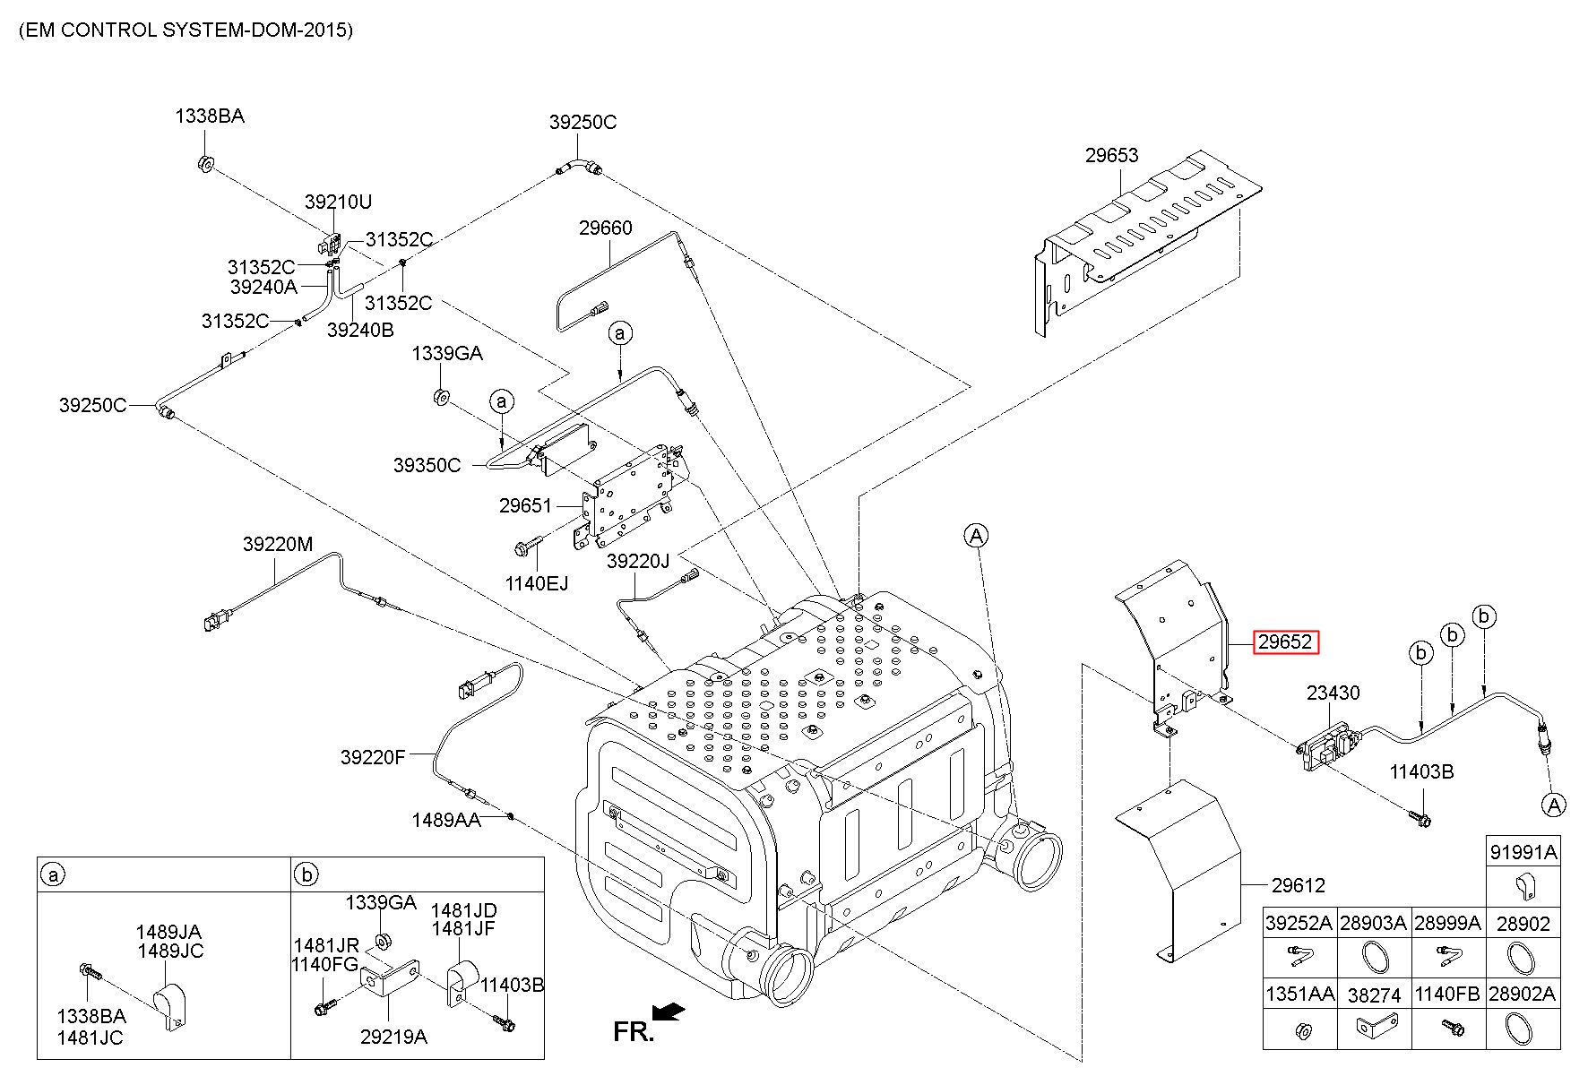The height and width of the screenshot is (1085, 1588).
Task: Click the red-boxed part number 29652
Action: [x=1285, y=642]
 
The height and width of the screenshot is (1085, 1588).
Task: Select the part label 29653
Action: [x=1111, y=155]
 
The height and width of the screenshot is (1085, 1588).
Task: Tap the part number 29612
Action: [x=1298, y=885]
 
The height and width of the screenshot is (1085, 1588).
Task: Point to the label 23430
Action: [x=1333, y=693]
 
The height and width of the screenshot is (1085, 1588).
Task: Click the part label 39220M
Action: [x=278, y=544]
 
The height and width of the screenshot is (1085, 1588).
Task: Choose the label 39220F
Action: [x=373, y=757]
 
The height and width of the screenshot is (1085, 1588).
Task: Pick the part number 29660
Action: [x=605, y=228]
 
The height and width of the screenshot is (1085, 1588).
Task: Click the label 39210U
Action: [x=338, y=202]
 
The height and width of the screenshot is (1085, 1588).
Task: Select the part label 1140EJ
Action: [x=536, y=583]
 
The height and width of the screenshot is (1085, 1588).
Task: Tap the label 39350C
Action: [x=427, y=465]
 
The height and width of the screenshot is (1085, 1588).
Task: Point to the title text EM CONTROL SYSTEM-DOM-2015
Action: [x=186, y=30]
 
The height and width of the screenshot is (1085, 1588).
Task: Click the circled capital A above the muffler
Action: [x=976, y=536]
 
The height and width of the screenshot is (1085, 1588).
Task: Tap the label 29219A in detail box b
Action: [x=393, y=1037]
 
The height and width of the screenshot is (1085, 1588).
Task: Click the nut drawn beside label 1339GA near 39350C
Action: [x=440, y=396]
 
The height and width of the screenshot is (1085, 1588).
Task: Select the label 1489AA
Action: [x=446, y=820]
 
